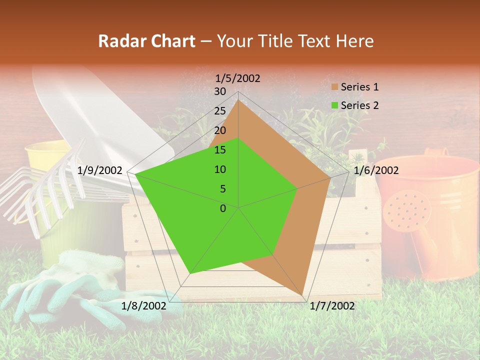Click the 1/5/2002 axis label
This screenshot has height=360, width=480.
coord(238,78)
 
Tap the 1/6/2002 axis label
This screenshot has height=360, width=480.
coord(376,171)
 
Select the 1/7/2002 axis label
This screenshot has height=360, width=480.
coord(332,306)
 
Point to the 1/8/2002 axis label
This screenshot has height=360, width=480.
coord(144,306)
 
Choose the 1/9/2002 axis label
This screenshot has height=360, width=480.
coord(100,171)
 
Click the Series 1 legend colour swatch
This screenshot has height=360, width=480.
coord(334,87)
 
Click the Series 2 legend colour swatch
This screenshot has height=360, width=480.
coord(334,105)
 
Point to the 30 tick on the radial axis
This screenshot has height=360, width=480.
coord(220,91)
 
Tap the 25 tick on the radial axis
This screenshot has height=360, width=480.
coord(220,111)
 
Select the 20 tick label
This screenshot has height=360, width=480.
coord(220,130)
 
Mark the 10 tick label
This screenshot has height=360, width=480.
coord(220,169)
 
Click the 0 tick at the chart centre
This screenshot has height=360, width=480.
coord(223,208)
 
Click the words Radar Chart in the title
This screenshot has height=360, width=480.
coord(146,41)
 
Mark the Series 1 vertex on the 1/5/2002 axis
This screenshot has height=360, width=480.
coord(238,100)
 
